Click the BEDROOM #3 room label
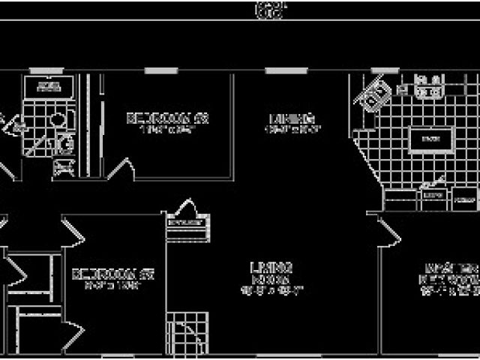[x=166, y=118]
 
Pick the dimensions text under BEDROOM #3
[x=166, y=130]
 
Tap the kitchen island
[x=430, y=139]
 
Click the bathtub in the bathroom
[x=49, y=87]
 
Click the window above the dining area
[x=286, y=71]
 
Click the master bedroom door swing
[x=388, y=229]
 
